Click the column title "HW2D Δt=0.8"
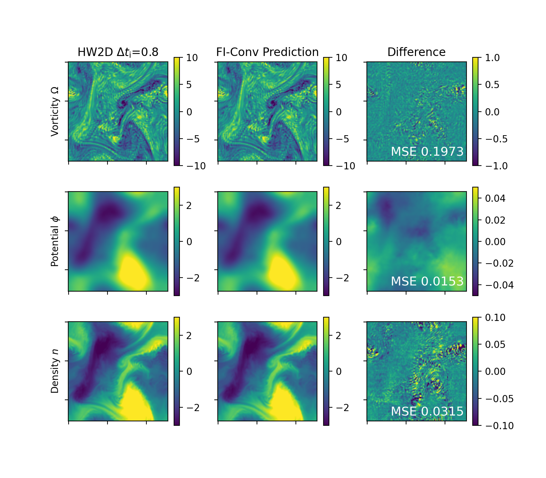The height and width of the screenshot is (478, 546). pos(118,52)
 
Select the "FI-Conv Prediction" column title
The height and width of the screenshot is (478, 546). pos(267,52)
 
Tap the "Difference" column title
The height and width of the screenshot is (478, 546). pos(416,52)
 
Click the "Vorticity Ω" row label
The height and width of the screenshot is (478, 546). pos(55,111)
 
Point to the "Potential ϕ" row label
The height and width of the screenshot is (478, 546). pos(55,241)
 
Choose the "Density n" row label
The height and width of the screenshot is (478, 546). pos(55,371)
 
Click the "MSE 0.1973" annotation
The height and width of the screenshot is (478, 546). pos(427,152)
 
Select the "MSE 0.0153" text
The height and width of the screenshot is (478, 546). pos(427,281)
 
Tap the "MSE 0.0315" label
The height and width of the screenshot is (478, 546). pos(427,411)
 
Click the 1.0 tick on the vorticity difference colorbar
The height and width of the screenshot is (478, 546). pos(492,58)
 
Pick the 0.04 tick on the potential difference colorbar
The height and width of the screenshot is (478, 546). pos(495,198)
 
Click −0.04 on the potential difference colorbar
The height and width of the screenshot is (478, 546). pos(499,285)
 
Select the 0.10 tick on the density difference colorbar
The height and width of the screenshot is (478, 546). pos(495,318)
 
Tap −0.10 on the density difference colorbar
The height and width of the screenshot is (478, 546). pos(499,426)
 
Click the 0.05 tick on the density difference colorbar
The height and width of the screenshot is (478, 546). pos(495,345)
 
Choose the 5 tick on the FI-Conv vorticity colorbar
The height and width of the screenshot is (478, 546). pos(338,85)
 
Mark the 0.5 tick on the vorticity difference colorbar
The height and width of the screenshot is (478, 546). pos(492,85)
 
